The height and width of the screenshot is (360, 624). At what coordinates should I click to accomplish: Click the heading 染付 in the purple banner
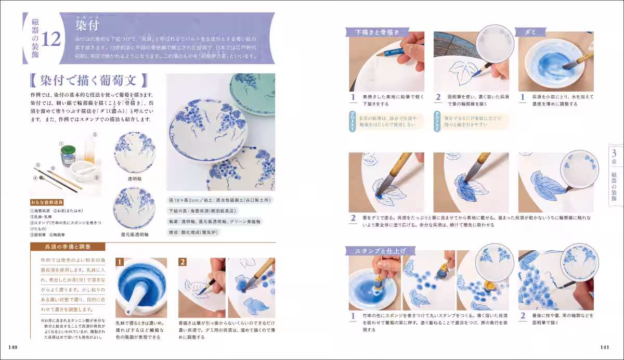tap(87, 24)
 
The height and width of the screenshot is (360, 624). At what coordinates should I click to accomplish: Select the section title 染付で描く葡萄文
tap(88, 81)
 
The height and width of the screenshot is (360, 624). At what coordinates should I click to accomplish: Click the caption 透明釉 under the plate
tap(134, 178)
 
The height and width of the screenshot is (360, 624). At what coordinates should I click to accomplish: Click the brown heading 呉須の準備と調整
tap(68, 246)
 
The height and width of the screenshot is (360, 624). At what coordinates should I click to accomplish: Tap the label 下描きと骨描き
tap(377, 32)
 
